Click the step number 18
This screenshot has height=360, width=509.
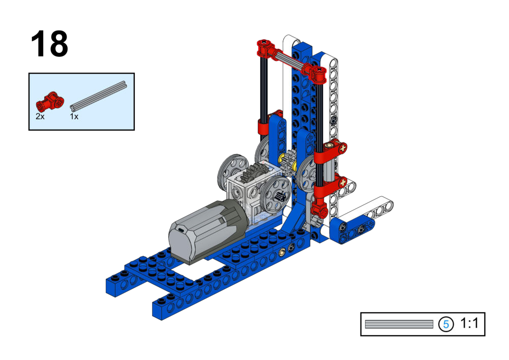click(x=49, y=44)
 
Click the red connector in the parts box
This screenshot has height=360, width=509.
click(x=50, y=101)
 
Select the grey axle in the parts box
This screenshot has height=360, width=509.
click(x=98, y=95)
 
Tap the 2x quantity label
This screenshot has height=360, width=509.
click(x=40, y=116)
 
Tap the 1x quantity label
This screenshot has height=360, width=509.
click(x=74, y=116)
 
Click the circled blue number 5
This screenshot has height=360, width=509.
click(x=446, y=324)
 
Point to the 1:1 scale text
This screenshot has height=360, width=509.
click(x=469, y=323)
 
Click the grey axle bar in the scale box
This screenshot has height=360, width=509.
click(x=399, y=324)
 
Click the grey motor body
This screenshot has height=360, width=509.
click(x=208, y=231)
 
